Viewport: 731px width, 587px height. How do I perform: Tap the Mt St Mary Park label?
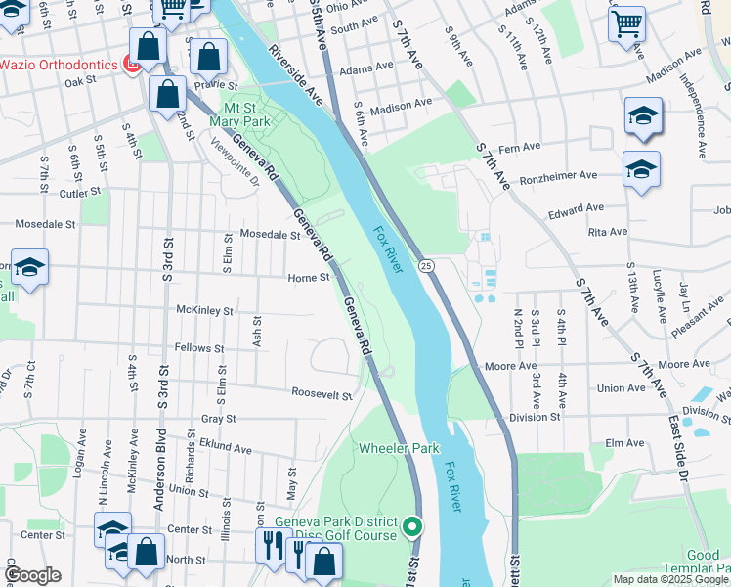pyautogui.click(x=246, y=114)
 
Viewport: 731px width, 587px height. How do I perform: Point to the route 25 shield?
pyautogui.click(x=427, y=265)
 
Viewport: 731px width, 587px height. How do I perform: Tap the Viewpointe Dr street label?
pyautogui.click(x=235, y=161)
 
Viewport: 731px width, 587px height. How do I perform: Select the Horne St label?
pyautogui.click(x=309, y=278)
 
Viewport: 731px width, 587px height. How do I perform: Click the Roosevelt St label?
pyautogui.click(x=322, y=394)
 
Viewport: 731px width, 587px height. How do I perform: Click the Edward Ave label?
pyautogui.click(x=577, y=209)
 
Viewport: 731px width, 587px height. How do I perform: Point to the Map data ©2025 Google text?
pyautogui.click(x=670, y=579)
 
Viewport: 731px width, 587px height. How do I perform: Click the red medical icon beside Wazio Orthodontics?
pyautogui.click(x=132, y=65)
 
